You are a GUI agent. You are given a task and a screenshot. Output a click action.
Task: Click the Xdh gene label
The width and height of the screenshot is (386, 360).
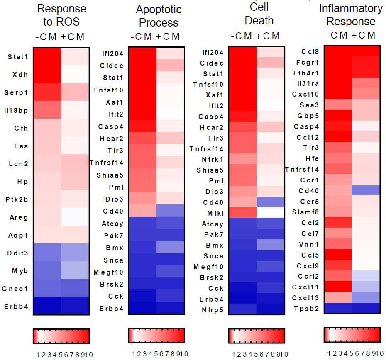(x=20, y=75)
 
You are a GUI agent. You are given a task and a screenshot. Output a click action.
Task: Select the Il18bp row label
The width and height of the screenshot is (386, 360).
(x=16, y=110)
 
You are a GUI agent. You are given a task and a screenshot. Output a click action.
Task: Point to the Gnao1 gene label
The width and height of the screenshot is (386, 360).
(x=15, y=289)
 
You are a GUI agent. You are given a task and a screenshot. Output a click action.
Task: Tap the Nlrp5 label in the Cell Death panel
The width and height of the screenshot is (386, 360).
(x=213, y=310)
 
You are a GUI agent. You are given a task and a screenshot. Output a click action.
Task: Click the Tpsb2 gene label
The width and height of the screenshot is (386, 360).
(x=306, y=309)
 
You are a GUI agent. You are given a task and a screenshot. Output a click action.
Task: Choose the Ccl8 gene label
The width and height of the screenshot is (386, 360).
(x=310, y=52)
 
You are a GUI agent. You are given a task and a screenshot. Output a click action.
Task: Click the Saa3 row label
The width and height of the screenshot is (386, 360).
(x=309, y=105)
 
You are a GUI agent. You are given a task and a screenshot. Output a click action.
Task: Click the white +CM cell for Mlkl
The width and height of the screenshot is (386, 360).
(x=271, y=213)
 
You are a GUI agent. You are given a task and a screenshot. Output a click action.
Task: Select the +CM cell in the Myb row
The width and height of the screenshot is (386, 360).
(x=75, y=270)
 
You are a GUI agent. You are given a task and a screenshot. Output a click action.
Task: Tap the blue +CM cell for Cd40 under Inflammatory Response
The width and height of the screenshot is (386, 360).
(x=366, y=190)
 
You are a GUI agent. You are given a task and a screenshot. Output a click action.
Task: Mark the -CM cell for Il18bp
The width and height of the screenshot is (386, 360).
(x=47, y=110)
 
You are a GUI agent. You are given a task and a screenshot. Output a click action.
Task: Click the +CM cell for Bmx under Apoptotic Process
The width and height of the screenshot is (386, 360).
(x=170, y=247)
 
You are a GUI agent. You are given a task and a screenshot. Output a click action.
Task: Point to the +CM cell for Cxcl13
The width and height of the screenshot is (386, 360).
(x=366, y=297)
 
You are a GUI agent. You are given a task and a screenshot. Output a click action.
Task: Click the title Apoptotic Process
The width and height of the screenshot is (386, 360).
(x=159, y=16)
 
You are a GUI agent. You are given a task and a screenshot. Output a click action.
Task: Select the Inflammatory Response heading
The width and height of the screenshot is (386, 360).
(x=351, y=15)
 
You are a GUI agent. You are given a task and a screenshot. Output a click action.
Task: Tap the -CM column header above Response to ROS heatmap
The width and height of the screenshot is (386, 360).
(x=46, y=37)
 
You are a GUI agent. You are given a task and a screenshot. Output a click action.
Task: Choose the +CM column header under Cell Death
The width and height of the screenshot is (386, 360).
(x=268, y=36)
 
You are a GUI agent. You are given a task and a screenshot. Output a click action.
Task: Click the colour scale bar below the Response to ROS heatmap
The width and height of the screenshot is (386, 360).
(x=61, y=336)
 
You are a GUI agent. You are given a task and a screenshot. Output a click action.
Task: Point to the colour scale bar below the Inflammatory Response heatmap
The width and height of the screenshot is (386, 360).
(x=352, y=335)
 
